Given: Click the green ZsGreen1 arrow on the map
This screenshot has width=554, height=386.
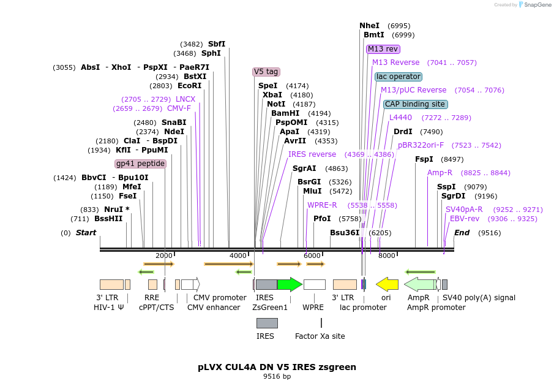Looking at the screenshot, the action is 290,284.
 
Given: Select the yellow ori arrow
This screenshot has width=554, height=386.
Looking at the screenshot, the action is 387,284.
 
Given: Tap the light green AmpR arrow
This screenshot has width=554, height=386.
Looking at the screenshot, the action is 420,284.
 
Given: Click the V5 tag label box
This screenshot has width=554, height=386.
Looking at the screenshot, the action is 266,72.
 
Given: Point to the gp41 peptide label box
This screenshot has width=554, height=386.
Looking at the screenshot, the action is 140,164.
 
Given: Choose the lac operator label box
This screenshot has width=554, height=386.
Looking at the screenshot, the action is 399,77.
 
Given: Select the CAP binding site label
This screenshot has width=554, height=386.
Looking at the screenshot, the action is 415,104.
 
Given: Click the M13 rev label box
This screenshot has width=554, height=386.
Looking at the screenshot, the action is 383,49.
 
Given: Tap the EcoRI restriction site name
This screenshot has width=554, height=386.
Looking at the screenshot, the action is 189,86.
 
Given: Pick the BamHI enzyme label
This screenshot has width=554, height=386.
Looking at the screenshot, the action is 285,113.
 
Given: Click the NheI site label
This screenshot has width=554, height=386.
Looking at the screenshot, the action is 369,26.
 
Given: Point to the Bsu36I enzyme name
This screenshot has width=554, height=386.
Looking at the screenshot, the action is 345,233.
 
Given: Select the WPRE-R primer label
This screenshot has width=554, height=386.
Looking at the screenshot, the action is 322,205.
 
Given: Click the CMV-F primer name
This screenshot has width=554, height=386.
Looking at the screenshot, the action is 179,108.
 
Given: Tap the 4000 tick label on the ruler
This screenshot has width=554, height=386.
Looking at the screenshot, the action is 238,255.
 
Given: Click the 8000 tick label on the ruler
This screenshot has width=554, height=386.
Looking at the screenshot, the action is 386,255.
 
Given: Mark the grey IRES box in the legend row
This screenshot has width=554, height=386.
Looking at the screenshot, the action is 267,323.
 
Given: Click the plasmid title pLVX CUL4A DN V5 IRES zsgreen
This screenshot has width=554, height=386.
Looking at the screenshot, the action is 277,367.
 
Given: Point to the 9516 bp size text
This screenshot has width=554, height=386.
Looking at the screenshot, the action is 277,376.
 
